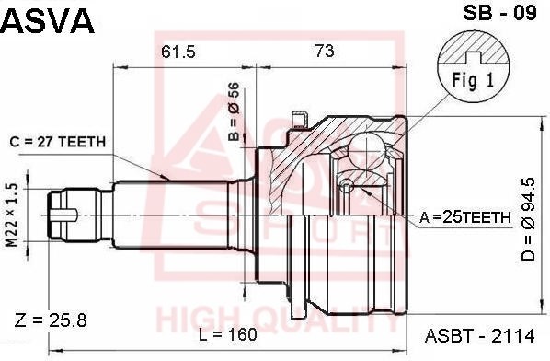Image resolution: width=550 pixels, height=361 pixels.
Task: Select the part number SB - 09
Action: click(499, 13)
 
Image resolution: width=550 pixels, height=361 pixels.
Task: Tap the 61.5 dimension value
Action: click(178, 52)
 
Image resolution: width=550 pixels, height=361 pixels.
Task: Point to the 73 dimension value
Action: click(325, 52)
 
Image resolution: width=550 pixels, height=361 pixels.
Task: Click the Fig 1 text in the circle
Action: click(473, 80)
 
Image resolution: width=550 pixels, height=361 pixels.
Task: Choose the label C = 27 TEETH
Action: click(58, 142)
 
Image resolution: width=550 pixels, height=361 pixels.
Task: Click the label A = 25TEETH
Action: click(465, 217)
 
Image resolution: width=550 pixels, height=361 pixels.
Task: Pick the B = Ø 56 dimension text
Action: click(234, 111)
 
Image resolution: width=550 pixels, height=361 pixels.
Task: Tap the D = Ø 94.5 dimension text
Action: click(528, 219)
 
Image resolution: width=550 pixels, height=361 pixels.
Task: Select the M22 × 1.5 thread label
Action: click(12, 215)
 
